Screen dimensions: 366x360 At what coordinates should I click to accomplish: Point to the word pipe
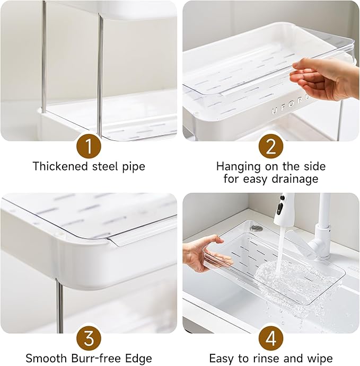[x=133, y=166]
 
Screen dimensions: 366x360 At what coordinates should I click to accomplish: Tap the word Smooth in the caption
[x=45, y=358]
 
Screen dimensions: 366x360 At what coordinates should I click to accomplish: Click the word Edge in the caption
[x=139, y=358]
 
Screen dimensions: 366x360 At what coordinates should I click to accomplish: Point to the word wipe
[x=320, y=358]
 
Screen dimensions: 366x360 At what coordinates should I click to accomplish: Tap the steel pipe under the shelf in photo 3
[x=60, y=307]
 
